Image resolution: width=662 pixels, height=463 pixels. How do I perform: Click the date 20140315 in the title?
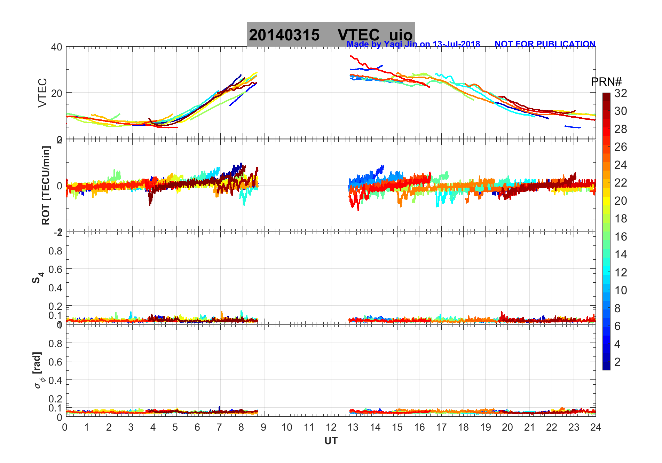(x=284, y=35)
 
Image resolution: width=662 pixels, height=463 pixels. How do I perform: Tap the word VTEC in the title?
(x=358, y=35)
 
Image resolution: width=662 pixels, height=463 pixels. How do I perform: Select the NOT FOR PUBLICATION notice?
(x=545, y=44)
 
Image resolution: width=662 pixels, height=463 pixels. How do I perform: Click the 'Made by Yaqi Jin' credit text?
(x=413, y=44)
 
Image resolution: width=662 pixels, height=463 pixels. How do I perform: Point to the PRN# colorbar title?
(x=606, y=82)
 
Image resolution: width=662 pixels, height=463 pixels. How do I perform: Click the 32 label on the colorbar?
(x=621, y=93)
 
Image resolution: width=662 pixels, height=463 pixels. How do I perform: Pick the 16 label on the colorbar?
(x=621, y=237)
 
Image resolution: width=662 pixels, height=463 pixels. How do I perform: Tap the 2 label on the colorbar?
(x=617, y=362)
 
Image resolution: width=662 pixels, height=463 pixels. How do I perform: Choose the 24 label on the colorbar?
(x=621, y=165)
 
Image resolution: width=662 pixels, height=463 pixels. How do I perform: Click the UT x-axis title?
(x=331, y=441)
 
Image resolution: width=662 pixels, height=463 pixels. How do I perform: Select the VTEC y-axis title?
(x=42, y=93)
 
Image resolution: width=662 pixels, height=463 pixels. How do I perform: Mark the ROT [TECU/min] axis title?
(x=46, y=185)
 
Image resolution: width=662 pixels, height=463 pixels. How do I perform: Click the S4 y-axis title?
(x=38, y=278)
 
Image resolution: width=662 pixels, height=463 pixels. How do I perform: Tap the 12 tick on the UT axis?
(x=331, y=427)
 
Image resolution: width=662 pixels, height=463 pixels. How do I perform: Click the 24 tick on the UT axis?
(x=596, y=427)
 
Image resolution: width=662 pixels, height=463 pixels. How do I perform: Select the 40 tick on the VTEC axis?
(x=57, y=47)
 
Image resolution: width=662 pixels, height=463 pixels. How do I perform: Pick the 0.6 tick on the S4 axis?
(x=55, y=269)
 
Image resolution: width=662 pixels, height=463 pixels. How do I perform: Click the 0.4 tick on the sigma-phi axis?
(x=55, y=380)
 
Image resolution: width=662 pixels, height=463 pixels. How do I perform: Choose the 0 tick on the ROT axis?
(x=59, y=186)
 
